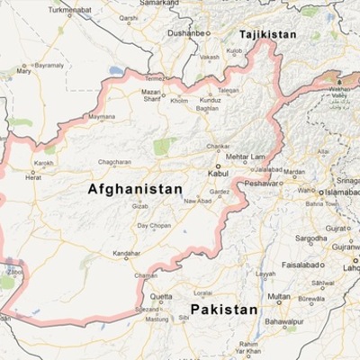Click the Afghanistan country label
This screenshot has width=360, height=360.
(135, 190)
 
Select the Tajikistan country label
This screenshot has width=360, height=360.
(266, 35)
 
